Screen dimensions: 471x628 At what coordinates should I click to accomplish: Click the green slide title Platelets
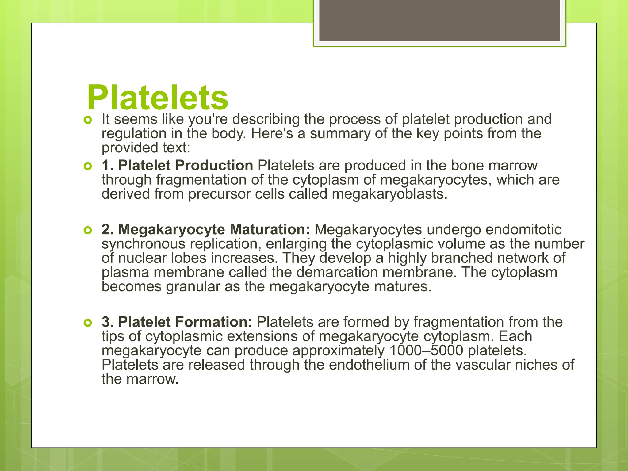(x=157, y=98)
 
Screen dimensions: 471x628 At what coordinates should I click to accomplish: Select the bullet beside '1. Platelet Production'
(x=88, y=167)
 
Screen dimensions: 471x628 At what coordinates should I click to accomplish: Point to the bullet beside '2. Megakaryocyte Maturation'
(x=88, y=230)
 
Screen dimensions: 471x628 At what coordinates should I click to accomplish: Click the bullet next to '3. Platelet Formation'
(x=88, y=323)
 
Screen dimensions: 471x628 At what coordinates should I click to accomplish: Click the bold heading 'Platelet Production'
(x=186, y=165)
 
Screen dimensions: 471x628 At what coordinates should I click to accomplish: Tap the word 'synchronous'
(x=143, y=244)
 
